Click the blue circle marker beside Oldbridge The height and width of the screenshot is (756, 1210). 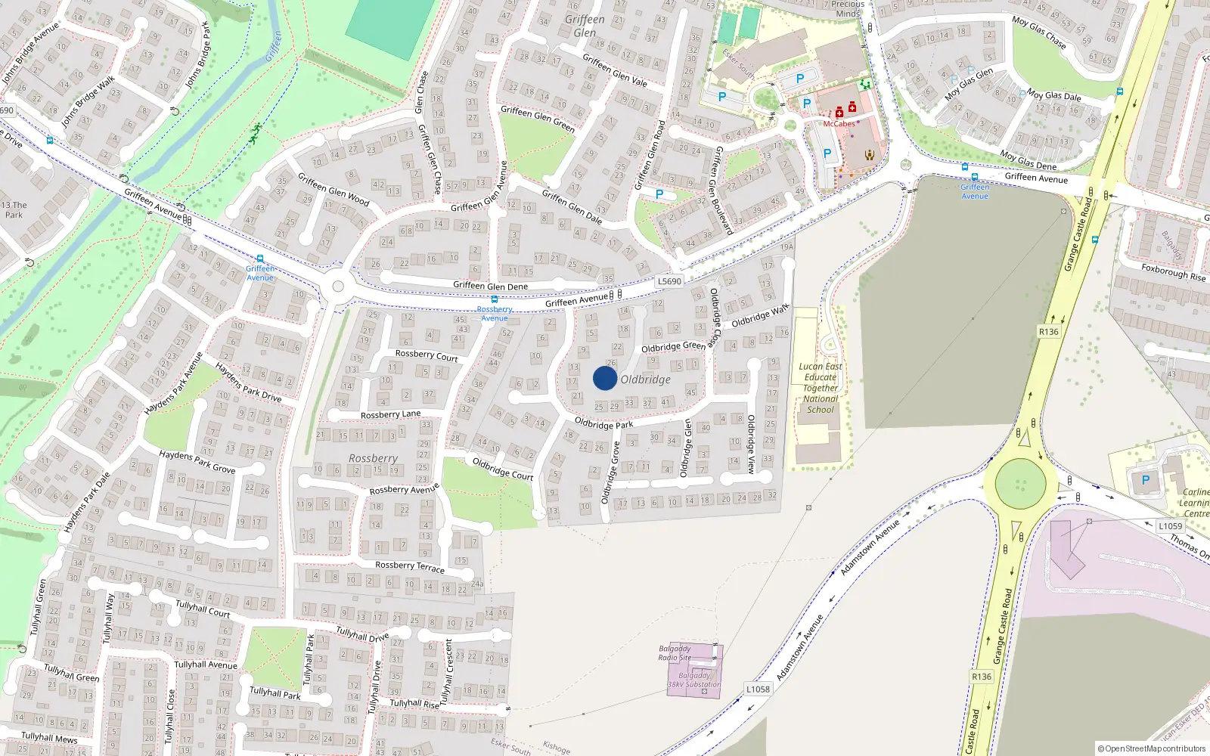click(604, 378)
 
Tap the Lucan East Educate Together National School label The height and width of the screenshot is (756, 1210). click(821, 388)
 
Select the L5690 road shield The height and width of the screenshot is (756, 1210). click(669, 281)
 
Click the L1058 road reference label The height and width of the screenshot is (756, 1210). click(758, 689)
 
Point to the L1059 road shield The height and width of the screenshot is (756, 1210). click(1170, 526)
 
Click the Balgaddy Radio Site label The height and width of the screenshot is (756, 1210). click(675, 653)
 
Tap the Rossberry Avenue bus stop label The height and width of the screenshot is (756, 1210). click(495, 314)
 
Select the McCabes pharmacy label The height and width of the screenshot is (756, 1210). click(839, 124)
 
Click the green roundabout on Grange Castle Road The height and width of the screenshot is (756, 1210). click(1020, 483)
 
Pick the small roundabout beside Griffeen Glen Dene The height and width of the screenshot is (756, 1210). click(338, 287)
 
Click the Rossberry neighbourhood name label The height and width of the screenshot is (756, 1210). click(373, 458)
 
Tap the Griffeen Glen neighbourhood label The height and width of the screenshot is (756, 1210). click(585, 26)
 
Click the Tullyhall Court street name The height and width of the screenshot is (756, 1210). click(203, 609)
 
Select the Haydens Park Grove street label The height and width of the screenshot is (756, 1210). click(197, 461)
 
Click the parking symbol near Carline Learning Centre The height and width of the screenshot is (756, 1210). click(1145, 480)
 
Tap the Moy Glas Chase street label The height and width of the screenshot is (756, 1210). click(1039, 33)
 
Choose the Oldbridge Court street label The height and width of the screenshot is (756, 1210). click(503, 469)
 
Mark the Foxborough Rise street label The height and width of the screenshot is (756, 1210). click(1173, 272)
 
